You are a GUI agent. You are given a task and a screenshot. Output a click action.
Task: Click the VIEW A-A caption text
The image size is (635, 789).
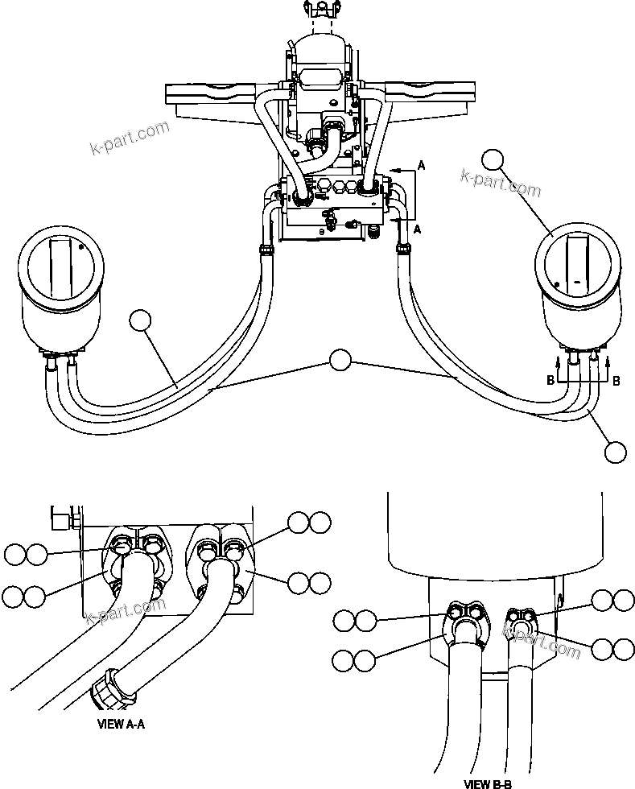(x=120, y=724)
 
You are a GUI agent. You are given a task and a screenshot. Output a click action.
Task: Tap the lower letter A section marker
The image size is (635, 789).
(x=417, y=229)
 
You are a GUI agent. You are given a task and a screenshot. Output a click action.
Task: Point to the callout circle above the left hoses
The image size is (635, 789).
(x=140, y=320)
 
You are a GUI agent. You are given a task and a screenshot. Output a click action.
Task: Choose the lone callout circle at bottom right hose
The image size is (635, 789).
(x=615, y=452)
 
